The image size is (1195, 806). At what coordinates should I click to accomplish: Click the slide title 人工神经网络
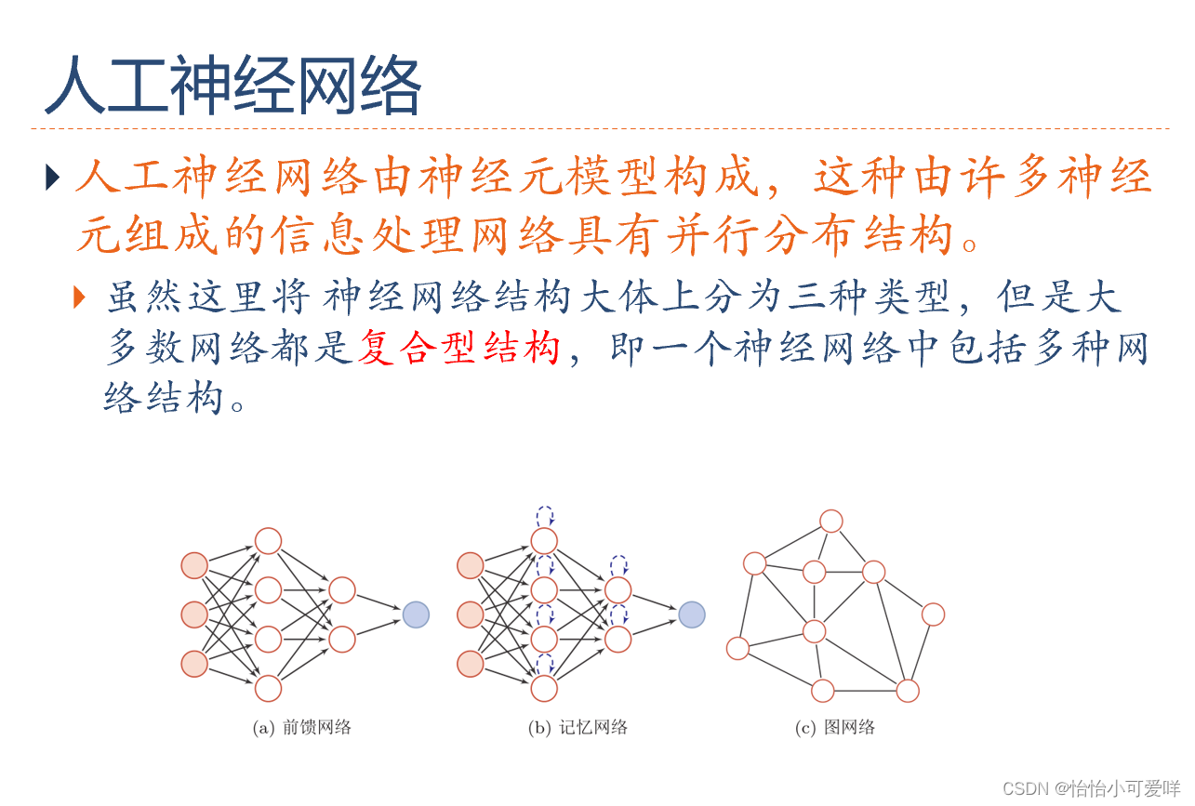point(232,86)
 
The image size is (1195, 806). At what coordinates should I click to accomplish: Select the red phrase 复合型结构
point(459,349)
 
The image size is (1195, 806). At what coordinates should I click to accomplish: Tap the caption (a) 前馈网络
point(302,728)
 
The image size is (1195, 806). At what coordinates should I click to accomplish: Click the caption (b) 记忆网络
point(578,728)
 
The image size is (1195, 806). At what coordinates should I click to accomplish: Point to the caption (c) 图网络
point(834,728)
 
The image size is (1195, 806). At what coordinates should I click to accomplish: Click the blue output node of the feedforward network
point(416,614)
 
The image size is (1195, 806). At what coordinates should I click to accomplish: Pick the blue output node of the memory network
point(692,614)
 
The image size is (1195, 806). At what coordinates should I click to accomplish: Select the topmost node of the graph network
point(831,521)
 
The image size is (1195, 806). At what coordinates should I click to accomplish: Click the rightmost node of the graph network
point(933,614)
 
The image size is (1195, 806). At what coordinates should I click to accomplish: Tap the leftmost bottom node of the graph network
point(737,648)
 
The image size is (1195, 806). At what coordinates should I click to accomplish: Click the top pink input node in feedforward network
point(194,565)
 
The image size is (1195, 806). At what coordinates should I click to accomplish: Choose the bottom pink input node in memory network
point(471,664)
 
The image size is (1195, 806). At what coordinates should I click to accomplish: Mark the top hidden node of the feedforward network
point(268,540)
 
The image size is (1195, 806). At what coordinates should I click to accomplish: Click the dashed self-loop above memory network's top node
point(544,515)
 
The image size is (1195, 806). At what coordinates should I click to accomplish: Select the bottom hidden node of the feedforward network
point(268,688)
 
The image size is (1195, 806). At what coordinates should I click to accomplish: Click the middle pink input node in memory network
point(471,614)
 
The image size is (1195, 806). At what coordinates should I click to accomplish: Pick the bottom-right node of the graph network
point(908,691)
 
